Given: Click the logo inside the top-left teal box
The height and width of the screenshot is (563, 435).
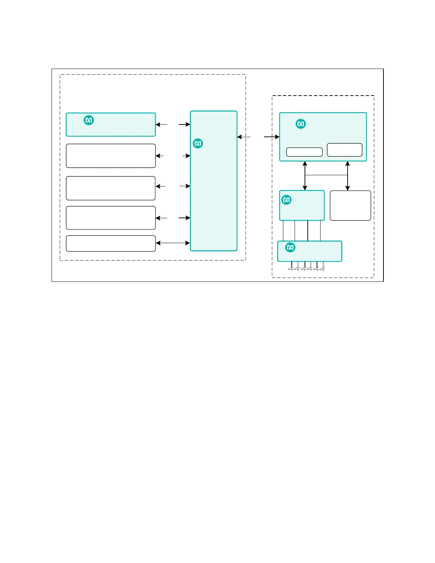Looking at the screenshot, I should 89,120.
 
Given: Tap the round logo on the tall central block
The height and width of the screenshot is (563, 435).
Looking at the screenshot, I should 198,143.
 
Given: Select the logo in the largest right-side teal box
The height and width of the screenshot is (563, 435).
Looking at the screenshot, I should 301,124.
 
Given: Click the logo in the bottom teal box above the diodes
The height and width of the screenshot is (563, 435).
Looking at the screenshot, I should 290,247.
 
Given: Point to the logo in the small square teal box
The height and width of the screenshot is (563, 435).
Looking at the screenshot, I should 286,200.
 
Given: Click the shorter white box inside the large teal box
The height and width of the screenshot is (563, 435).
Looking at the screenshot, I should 304,152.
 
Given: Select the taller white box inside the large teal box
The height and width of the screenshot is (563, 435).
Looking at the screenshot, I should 344,150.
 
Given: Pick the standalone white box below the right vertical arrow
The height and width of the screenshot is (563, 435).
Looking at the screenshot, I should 350,205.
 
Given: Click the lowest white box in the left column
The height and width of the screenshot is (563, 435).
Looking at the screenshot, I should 111,243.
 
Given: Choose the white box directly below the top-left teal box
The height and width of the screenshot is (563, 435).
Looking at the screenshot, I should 111,156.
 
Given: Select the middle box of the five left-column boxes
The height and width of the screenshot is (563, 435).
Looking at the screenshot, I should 111,188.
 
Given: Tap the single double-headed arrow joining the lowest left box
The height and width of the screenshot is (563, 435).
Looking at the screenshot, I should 173,243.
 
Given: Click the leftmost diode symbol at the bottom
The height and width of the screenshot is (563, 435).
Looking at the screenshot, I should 291,269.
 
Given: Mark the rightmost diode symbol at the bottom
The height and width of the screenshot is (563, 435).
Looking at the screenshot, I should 323,269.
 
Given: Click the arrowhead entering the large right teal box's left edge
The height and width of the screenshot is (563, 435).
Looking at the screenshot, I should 277,137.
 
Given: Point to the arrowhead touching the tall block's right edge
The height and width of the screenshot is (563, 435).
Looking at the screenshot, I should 240,137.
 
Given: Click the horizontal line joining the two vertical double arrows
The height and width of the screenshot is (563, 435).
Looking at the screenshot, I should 326,175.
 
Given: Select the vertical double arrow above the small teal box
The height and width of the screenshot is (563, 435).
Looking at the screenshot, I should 305,176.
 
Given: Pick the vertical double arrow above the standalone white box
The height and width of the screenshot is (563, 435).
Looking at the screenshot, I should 348,176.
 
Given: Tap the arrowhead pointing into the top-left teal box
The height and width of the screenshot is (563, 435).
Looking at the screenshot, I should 158,124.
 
